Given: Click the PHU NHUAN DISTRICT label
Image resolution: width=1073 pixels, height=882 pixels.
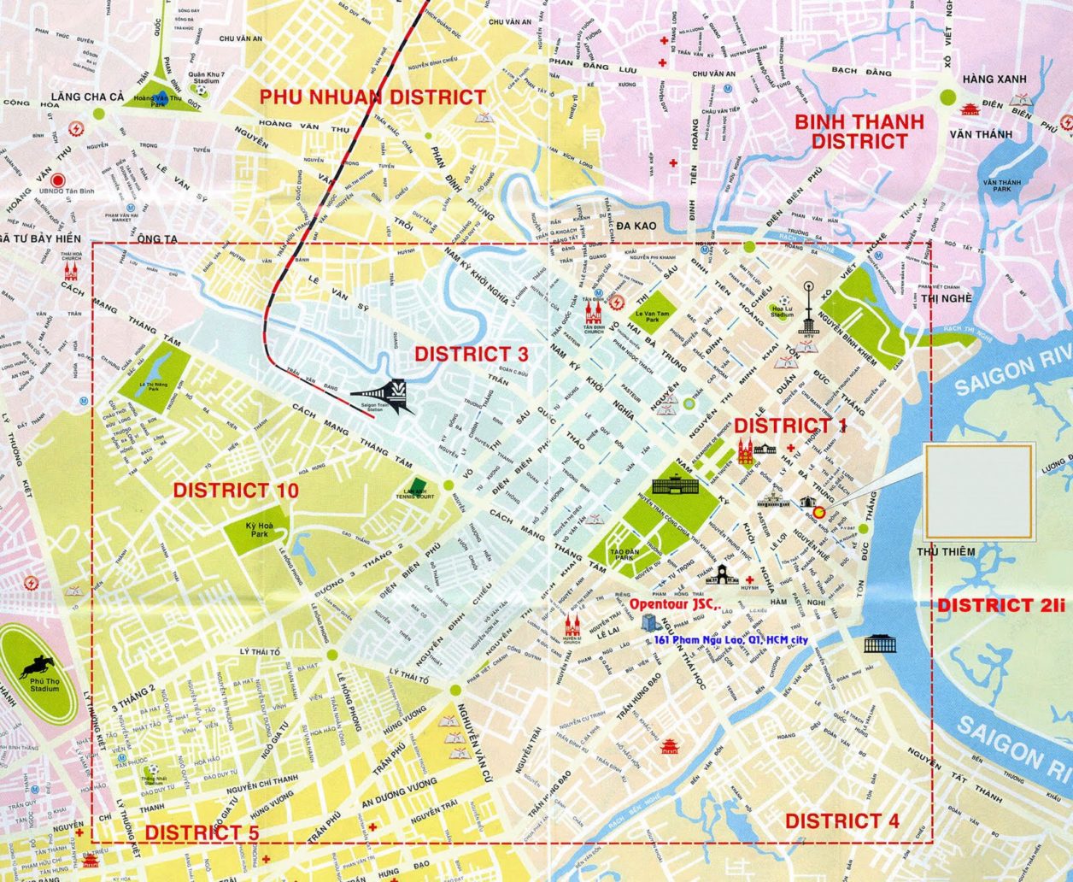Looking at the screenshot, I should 373,97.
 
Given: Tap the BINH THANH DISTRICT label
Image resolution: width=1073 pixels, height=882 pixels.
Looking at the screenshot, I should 859,132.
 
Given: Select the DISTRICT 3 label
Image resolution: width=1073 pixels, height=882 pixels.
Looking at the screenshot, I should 472,354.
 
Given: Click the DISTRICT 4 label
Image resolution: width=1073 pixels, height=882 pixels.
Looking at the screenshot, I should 841,821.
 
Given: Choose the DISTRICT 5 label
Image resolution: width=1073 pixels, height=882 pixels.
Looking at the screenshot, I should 202,832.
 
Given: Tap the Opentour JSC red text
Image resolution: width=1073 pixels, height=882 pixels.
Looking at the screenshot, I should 675,604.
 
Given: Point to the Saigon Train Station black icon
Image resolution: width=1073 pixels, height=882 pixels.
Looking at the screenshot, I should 394,395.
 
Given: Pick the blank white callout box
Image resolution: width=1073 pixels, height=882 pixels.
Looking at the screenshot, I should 981,491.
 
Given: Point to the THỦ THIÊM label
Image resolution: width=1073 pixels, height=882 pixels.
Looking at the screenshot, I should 946,552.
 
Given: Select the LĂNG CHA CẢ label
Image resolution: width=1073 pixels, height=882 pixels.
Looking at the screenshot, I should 87,97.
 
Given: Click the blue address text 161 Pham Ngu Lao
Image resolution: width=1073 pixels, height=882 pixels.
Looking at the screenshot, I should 732,640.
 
